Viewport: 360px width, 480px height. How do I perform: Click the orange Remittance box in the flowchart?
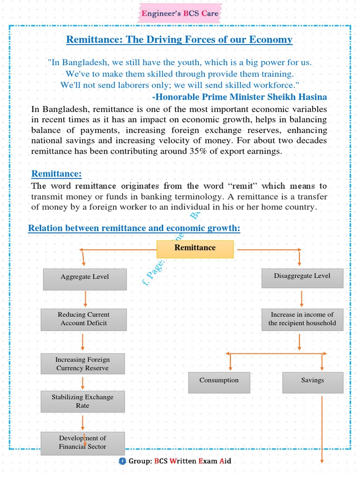(195, 249)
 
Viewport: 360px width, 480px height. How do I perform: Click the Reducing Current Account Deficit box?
(83, 319)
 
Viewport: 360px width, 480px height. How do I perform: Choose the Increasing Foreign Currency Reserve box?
(82, 364)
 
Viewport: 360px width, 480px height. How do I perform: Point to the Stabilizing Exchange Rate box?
(82, 401)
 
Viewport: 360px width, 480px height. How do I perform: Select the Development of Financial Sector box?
(82, 443)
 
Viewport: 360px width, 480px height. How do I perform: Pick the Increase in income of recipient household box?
(302, 319)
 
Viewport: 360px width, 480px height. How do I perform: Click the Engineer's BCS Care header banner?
(180, 14)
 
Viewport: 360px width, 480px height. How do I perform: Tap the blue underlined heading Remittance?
(56, 174)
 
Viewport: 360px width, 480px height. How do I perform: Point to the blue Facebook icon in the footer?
(122, 461)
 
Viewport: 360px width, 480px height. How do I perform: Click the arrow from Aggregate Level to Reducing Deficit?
(85, 299)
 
